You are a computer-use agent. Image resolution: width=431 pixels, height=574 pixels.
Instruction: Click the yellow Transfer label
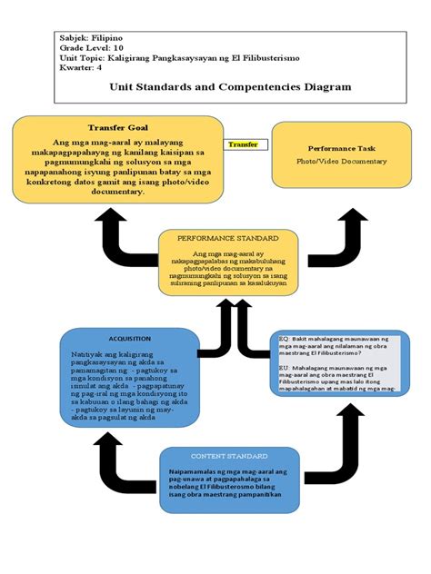pyautogui.click(x=244, y=144)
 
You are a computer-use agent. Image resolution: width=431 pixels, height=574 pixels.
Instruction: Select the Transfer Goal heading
pyautogui.click(x=118, y=128)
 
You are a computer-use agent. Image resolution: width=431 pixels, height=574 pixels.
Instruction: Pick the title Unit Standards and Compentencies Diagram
pyautogui.click(x=216, y=87)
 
